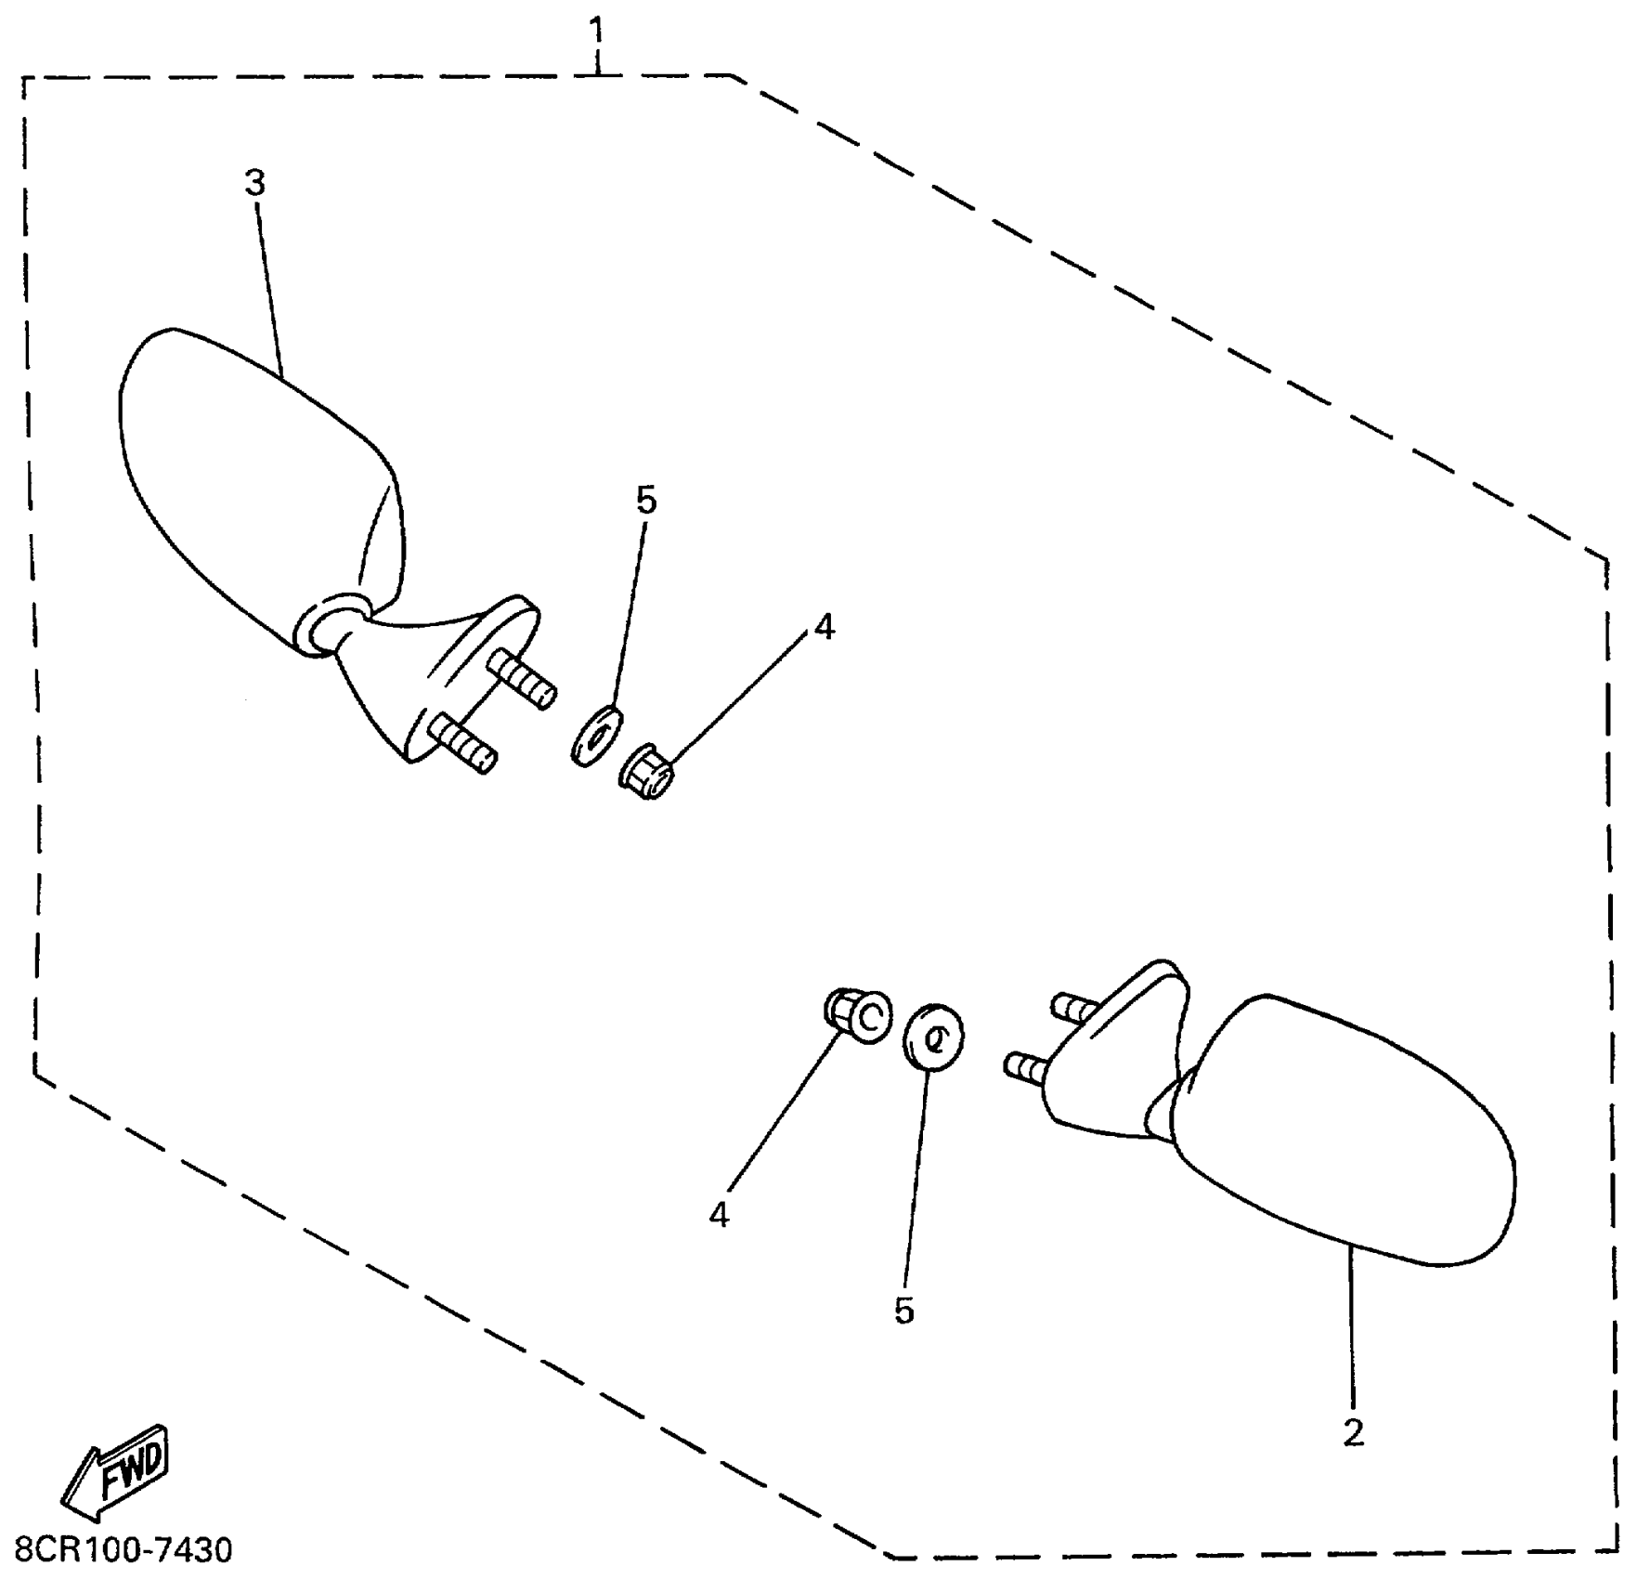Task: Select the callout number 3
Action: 255,183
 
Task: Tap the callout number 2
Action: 1353,1433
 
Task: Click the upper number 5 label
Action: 646,501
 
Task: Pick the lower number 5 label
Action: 903,1311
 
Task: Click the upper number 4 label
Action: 824,628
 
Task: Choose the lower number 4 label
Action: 719,1215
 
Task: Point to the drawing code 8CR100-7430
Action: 123,1550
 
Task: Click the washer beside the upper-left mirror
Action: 595,735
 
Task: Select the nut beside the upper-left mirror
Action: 648,771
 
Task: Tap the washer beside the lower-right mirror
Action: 933,1037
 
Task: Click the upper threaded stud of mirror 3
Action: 522,679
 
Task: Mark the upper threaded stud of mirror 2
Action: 1074,1008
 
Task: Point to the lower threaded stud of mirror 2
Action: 1027,1066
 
